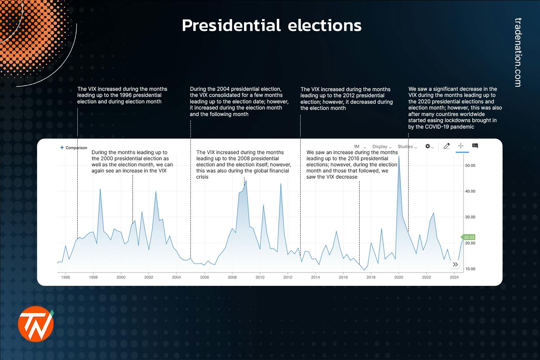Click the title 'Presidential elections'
271,26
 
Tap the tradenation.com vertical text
518,52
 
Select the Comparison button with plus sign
74,148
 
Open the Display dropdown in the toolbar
382,147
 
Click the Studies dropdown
407,147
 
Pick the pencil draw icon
447,146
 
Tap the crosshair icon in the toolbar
460,146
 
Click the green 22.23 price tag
469,237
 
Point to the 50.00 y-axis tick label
470,166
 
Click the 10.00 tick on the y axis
470,269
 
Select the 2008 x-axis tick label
232,277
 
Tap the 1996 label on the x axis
66,277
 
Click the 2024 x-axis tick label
454,277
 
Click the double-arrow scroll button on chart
455,265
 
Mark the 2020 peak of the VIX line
399,157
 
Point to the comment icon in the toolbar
475,146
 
